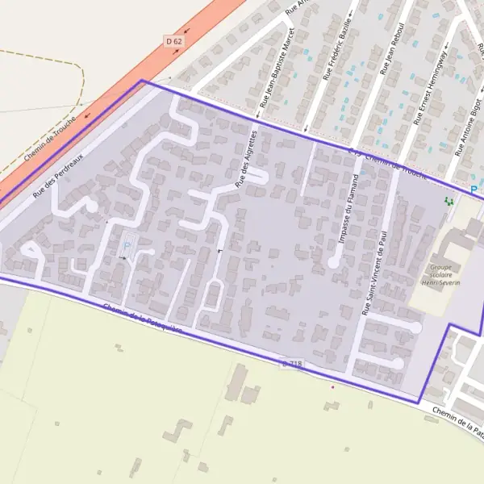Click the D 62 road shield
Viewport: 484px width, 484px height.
coord(173,40)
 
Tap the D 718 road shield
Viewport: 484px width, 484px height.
coord(293,364)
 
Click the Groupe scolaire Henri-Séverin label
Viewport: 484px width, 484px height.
coord(440,274)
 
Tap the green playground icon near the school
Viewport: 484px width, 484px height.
coord(449,201)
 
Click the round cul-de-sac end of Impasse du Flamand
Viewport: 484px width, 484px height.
coord(332,263)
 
